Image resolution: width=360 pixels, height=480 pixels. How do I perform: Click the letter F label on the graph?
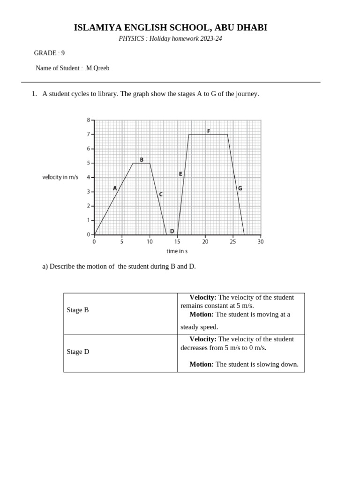209,131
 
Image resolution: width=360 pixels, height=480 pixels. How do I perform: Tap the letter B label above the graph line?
142,160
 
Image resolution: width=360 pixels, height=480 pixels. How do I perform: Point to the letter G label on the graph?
240,188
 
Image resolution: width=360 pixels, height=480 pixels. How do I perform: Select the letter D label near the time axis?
172,231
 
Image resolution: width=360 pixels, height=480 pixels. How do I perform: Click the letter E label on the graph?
180,174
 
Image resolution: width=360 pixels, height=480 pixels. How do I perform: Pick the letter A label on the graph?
115,188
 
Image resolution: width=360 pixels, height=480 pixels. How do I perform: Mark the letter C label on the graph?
161,194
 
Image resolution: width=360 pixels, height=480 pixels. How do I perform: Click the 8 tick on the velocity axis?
89,120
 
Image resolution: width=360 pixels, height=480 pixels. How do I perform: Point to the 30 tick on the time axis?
261,242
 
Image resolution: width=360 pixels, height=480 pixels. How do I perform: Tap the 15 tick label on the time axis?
177,242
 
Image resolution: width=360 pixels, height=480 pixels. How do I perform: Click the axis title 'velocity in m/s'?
60,177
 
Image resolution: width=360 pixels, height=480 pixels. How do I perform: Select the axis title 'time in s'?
177,251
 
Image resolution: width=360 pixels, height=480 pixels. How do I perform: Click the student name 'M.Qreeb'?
97,68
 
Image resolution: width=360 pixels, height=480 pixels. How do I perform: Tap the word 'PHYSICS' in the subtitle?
131,38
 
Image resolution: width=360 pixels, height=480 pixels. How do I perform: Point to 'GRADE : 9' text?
49,53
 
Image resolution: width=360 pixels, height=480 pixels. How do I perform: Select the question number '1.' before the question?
34,94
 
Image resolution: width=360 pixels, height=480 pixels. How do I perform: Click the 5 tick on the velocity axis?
89,163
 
